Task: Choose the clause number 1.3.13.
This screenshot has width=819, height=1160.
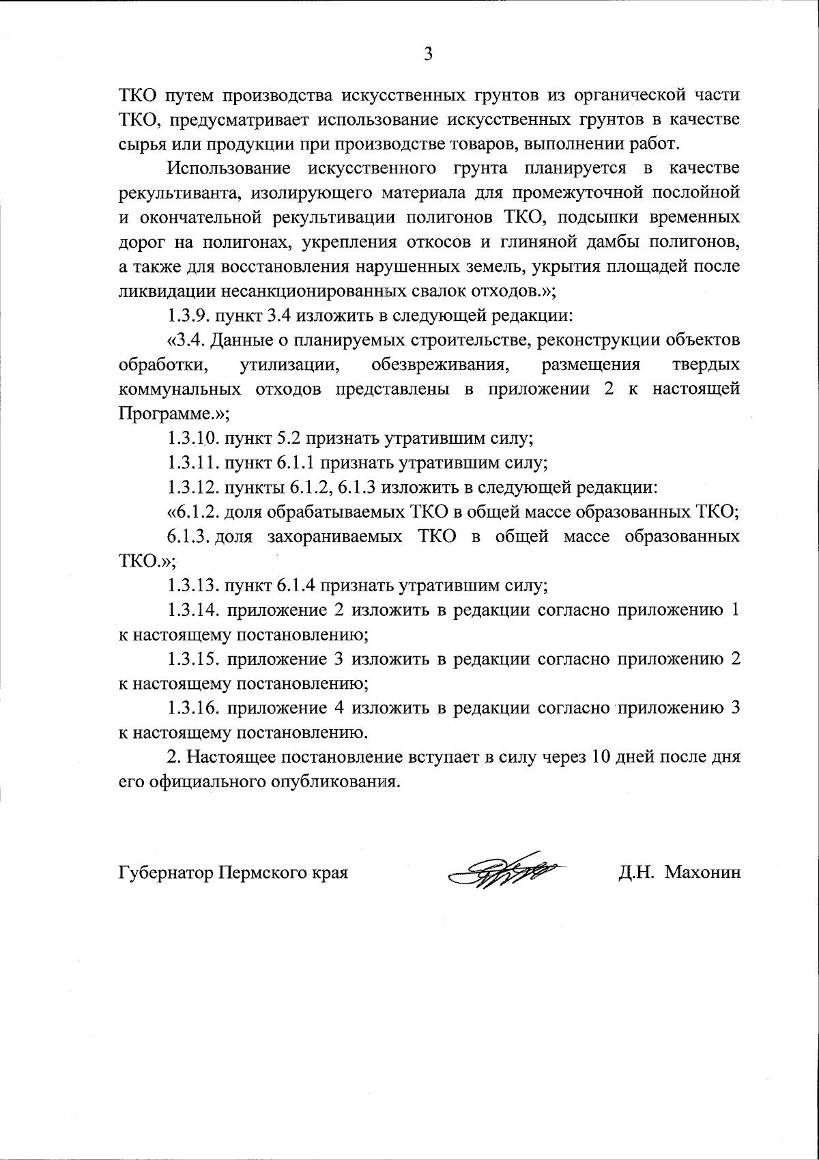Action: point(191,585)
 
